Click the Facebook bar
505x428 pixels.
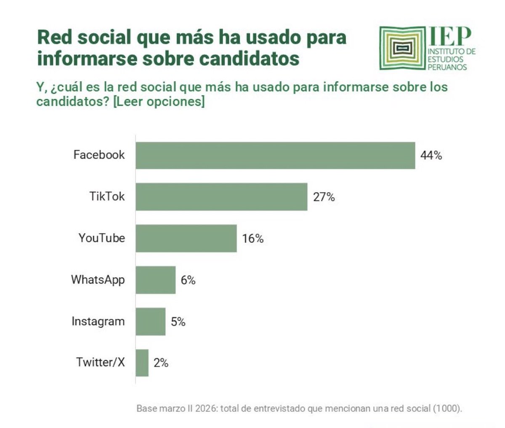pos(275,156)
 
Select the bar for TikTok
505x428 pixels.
pos(221,197)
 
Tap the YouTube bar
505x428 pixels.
pos(186,238)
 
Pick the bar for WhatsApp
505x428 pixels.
pos(155,280)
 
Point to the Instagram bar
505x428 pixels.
pos(150,322)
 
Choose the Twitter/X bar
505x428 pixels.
pos(142,363)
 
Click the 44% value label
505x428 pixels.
pos(431,156)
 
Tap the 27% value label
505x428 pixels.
pos(324,197)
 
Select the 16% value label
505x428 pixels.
pos(252,239)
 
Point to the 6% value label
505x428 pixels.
pos(188,280)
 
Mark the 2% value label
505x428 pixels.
pos(161,363)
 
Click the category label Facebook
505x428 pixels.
pos(99,155)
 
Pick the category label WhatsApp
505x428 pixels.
pos(98,280)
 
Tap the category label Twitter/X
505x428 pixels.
pos(100,362)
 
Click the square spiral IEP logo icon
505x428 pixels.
pos(403,48)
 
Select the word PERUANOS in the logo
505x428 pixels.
pos(447,67)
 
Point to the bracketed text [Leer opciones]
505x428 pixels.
pos(159,102)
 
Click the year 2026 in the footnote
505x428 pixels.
pos(205,408)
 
